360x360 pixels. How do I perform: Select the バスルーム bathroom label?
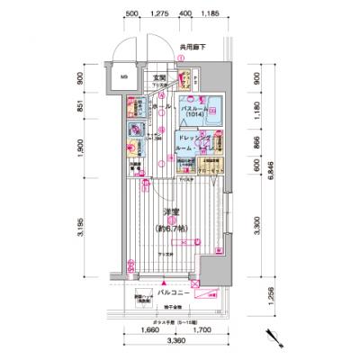coord(196,107)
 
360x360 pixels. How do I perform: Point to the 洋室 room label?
coord(168,212)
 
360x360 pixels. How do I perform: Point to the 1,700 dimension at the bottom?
coord(200,331)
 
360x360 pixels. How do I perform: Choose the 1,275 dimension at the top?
coord(160,15)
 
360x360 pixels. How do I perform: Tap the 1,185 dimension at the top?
coord(211,15)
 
